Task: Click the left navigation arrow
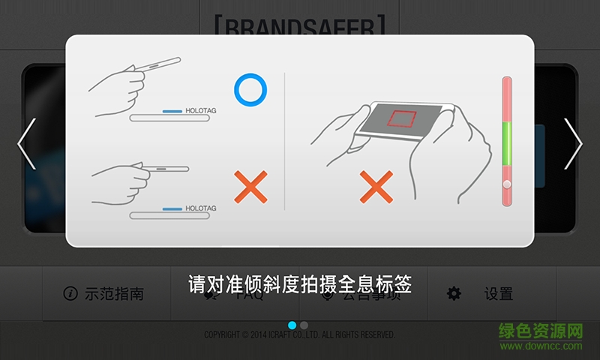tap(26, 144)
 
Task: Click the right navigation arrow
tap(573, 144)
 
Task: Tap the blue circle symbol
tap(250, 90)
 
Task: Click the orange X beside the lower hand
tap(250, 187)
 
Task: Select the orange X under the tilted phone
tap(376, 187)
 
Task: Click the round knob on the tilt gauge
tap(507, 184)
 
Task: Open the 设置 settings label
tap(498, 294)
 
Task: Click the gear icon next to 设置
tap(454, 294)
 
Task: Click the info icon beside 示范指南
tap(70, 294)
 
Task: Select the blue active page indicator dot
tap(292, 325)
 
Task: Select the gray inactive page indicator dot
tap(304, 325)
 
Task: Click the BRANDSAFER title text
tap(299, 28)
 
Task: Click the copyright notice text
tap(299, 334)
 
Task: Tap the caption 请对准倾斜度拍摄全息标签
tap(299, 285)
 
